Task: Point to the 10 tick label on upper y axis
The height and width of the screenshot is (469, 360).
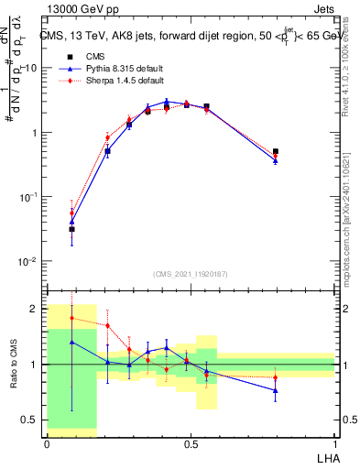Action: click(31, 69)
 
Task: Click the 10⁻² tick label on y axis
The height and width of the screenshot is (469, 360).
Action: click(29, 262)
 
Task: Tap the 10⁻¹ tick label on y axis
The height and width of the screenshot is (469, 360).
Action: click(29, 197)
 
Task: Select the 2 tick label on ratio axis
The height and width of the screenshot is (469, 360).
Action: click(36, 309)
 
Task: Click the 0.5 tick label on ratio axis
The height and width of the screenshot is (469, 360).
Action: click(32, 420)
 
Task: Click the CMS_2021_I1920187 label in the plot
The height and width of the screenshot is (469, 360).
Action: click(191, 274)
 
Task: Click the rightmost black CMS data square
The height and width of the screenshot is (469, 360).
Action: click(276, 151)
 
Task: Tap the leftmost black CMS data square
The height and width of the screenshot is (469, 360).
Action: click(72, 229)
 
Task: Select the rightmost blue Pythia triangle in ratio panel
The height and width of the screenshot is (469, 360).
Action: click(276, 390)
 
